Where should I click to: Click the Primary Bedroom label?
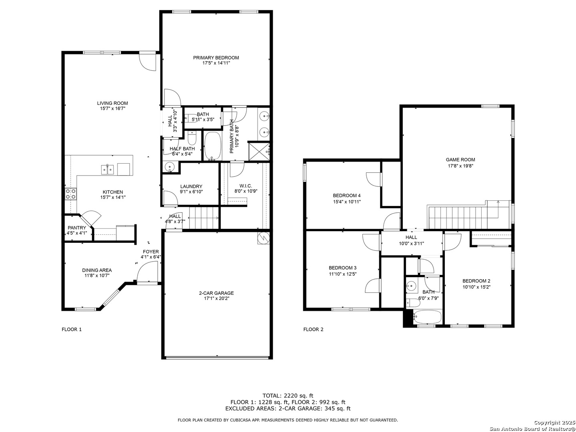(216, 58)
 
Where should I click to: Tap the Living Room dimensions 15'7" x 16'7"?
(113, 108)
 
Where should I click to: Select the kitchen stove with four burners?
(70, 194)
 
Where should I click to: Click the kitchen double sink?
(108, 170)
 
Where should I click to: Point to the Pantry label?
(77, 228)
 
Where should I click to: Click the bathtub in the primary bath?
(213, 146)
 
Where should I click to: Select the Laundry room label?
(191, 186)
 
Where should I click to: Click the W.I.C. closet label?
(246, 186)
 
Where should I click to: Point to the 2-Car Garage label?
(216, 293)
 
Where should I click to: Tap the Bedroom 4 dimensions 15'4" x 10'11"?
(347, 202)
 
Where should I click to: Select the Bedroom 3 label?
(342, 268)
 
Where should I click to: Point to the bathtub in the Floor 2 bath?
(428, 317)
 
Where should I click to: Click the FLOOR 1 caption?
(72, 330)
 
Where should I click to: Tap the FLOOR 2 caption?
(313, 330)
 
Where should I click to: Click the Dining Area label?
(97, 270)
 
